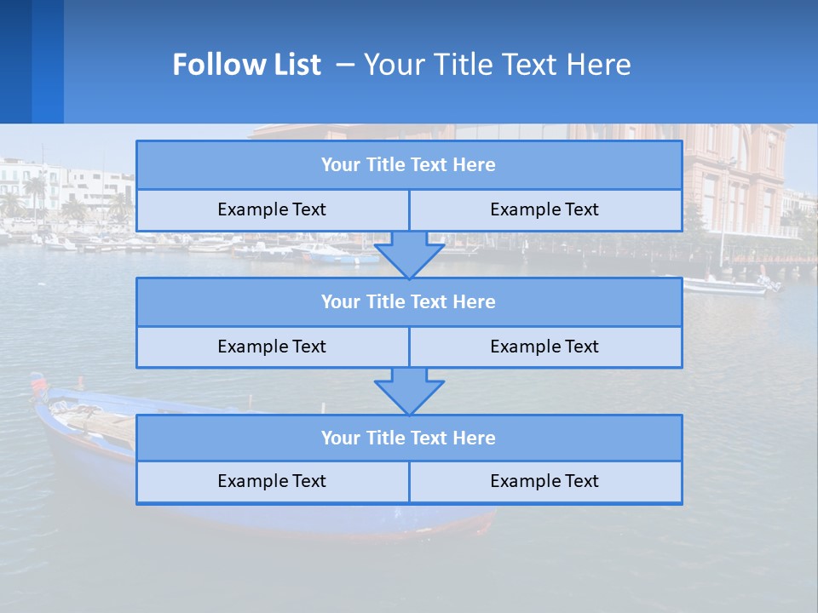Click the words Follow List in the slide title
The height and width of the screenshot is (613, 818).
click(x=246, y=65)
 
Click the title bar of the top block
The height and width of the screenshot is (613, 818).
click(x=408, y=165)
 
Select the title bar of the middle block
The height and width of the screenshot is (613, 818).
click(x=408, y=301)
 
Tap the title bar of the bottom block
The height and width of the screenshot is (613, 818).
click(x=408, y=438)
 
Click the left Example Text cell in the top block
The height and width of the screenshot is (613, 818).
click(x=272, y=209)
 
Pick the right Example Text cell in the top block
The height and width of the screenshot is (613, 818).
click(x=544, y=209)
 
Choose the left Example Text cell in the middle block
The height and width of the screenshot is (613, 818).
click(x=272, y=347)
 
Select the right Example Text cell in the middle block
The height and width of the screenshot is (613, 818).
click(x=544, y=347)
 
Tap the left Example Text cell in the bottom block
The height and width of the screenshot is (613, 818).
click(x=272, y=481)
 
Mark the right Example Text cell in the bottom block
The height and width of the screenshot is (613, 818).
click(x=544, y=481)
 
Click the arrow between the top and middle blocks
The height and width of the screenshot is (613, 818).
click(x=409, y=255)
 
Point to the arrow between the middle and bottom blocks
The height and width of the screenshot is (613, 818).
click(x=409, y=391)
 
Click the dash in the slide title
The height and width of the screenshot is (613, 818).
click(x=345, y=65)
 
